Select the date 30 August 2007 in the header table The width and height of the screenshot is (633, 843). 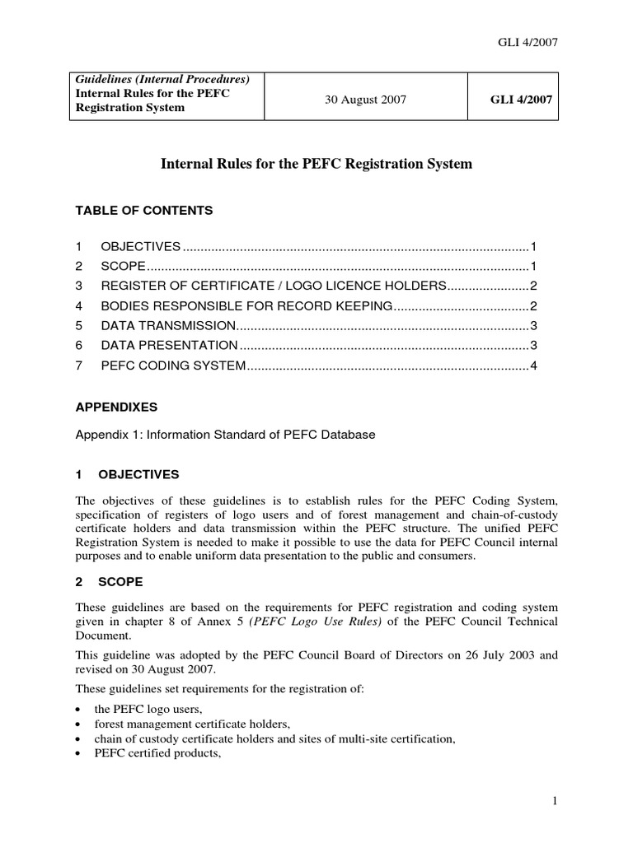365,100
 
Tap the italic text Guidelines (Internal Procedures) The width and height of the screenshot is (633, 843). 162,79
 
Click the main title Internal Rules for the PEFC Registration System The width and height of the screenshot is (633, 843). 316,164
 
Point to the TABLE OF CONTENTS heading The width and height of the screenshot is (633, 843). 144,211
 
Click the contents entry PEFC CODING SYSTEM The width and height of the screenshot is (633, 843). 173,366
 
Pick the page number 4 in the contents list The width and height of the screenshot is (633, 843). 534,366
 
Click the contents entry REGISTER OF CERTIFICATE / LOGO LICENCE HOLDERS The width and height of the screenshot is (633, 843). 273,286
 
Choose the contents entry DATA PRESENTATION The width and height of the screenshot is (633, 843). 169,346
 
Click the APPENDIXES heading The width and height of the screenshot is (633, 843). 116,407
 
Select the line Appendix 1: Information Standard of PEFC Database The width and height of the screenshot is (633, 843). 226,435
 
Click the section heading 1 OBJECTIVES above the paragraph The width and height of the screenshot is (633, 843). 127,475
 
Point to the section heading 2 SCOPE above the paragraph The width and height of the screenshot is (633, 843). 109,582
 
